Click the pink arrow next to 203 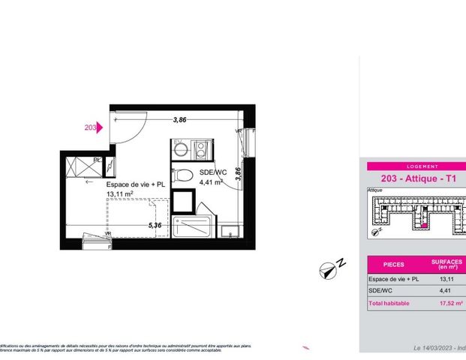pos(100,128)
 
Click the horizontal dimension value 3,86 pos(179,119)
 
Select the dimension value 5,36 pos(155,225)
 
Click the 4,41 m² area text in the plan pos(211,182)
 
